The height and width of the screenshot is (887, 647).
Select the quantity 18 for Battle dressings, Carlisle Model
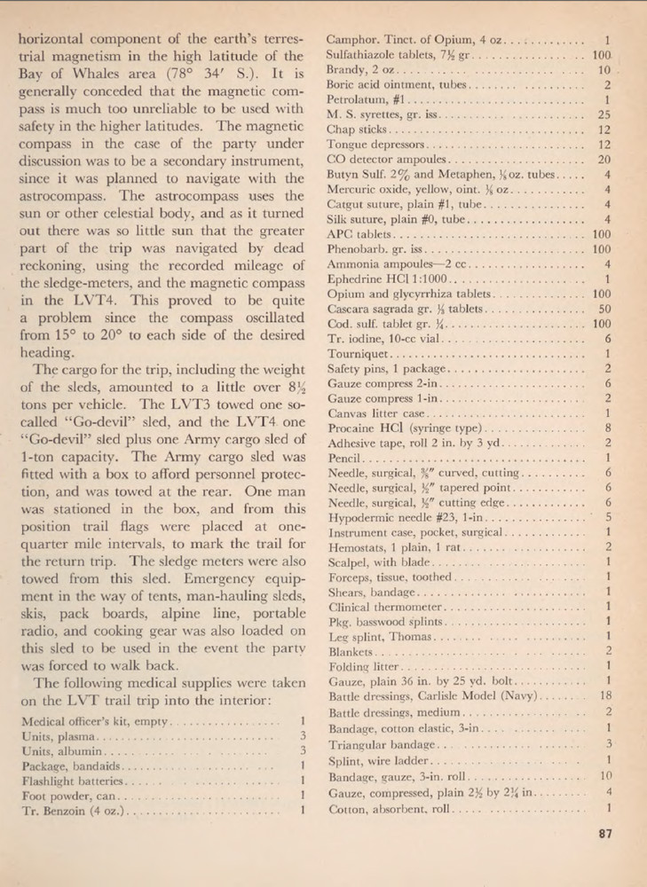606,695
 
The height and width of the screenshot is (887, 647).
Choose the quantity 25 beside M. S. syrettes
605,115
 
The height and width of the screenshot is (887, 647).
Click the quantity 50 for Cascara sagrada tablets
605,309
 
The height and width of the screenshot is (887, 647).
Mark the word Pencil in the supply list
343,459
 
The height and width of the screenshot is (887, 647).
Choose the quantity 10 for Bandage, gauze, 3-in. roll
606,778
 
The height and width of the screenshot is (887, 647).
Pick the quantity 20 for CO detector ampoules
605,160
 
